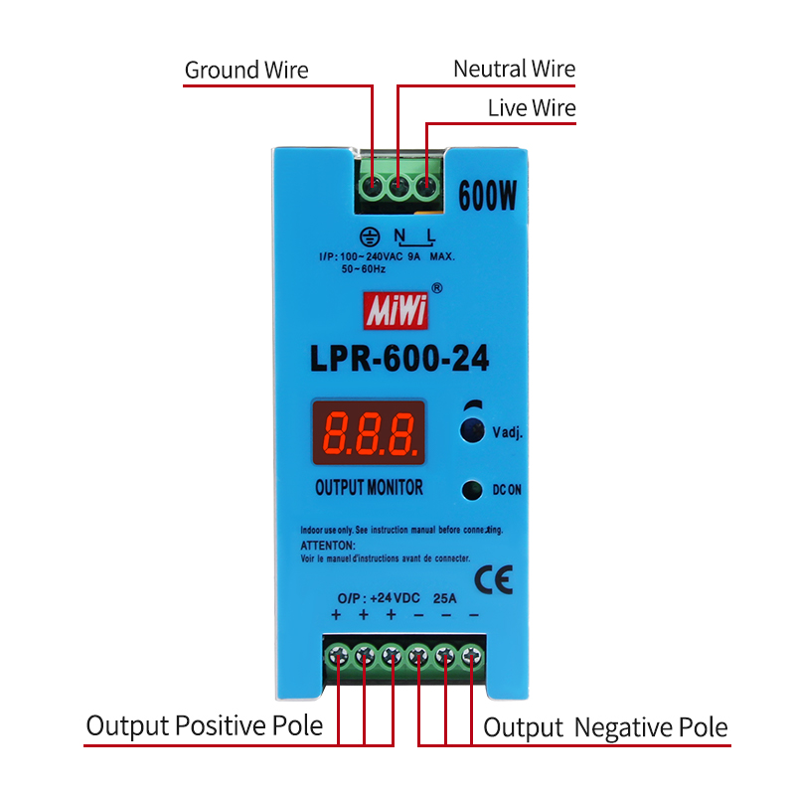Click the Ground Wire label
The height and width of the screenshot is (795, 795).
[246, 71]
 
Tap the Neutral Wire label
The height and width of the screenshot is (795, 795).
[514, 69]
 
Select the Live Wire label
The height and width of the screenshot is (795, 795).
[532, 108]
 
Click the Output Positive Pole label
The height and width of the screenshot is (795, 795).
[205, 726]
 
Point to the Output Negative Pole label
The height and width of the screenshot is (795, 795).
[605, 727]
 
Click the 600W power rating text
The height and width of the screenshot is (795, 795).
[487, 197]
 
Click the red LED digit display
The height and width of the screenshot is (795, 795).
[369, 433]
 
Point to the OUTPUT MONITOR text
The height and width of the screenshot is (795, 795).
[369, 488]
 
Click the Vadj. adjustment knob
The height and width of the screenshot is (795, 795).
[472, 430]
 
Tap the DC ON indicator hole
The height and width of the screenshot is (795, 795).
[472, 489]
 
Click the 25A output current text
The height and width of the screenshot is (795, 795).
[444, 598]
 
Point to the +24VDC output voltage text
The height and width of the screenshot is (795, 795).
[394, 598]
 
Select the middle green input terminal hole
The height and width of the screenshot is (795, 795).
[398, 185]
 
